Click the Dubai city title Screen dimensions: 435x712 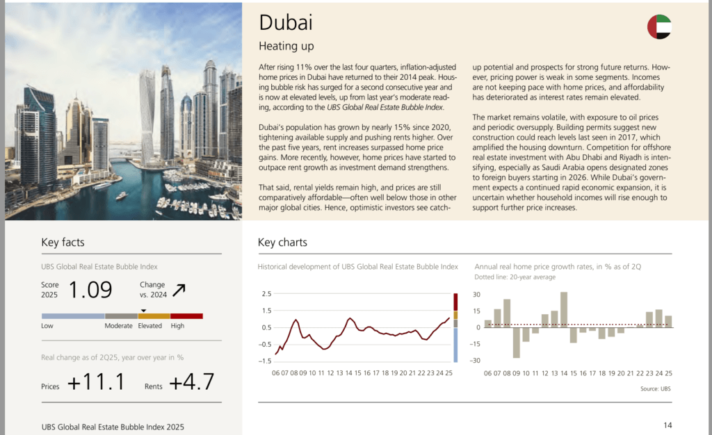[x=285, y=22]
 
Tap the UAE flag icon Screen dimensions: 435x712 [x=659, y=27]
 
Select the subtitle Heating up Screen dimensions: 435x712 [x=286, y=47]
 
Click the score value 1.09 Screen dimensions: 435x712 [x=90, y=289]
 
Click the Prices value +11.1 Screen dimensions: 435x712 [x=96, y=382]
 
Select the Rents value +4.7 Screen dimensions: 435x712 [x=191, y=382]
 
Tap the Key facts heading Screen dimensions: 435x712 [x=63, y=243]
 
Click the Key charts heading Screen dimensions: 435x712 [x=282, y=243]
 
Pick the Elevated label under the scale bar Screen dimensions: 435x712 [x=150, y=326]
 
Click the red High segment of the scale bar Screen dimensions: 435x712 [x=186, y=316]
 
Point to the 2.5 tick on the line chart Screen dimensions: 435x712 [x=266, y=294]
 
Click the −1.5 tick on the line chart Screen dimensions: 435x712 [x=264, y=361]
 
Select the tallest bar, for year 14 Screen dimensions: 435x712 [x=564, y=309]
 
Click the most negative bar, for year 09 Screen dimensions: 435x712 [x=517, y=342]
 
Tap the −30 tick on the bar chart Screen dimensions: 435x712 [x=476, y=361]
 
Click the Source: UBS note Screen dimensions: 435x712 [x=656, y=388]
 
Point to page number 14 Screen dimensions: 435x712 [x=667, y=425]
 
